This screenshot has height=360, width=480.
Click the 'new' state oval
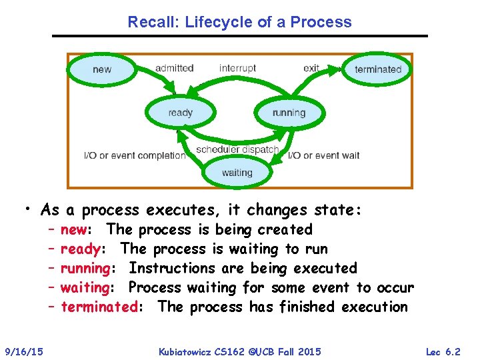[102, 69]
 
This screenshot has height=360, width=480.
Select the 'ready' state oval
[180, 113]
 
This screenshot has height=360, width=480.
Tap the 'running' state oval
[289, 113]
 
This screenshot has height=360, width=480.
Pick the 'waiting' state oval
[237, 173]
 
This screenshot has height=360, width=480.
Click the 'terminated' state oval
[378, 69]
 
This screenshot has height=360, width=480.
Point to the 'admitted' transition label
[174, 68]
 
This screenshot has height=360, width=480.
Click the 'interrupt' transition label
[237, 68]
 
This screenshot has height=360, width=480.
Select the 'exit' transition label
[311, 68]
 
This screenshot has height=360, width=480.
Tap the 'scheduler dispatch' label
[237, 149]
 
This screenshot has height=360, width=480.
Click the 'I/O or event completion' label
[135, 155]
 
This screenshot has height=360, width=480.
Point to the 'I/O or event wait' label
[323, 155]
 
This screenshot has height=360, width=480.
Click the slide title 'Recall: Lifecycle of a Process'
[240, 22]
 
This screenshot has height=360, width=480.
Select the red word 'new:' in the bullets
[75, 230]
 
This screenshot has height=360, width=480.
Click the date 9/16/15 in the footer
[24, 351]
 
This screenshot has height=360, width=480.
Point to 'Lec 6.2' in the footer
[443, 351]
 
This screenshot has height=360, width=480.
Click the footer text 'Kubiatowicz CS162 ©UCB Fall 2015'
[241, 351]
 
